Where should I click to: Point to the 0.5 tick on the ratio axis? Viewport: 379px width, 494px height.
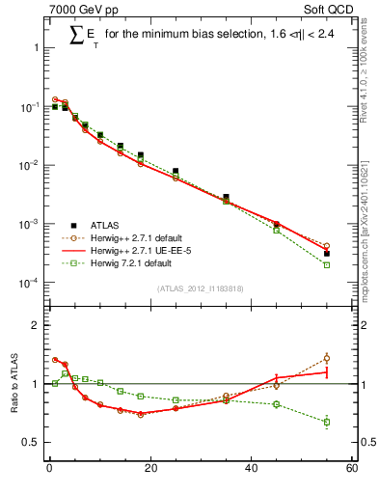click(x=33, y=442)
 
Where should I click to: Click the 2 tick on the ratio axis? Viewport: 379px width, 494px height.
click(x=37, y=325)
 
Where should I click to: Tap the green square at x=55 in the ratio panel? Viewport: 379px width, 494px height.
click(x=327, y=422)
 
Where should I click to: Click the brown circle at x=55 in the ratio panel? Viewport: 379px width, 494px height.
click(x=327, y=359)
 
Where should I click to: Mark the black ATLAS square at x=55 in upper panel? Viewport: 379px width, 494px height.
click(x=327, y=254)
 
